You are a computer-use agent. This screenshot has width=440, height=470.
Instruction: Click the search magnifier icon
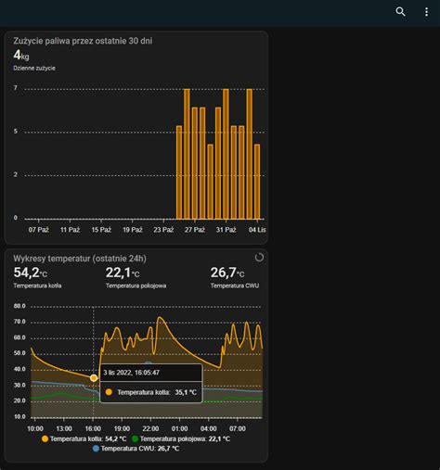(x=400, y=12)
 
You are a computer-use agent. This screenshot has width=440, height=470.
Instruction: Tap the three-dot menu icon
(x=426, y=12)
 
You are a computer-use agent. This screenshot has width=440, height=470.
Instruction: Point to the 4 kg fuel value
(x=20, y=57)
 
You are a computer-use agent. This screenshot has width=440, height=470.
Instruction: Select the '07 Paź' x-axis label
(x=39, y=229)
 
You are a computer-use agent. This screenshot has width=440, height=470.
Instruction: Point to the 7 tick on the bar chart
(x=16, y=88)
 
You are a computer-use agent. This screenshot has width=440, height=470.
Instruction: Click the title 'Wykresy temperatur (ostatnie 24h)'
(x=80, y=259)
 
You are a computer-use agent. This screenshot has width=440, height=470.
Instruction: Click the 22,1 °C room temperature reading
(x=123, y=273)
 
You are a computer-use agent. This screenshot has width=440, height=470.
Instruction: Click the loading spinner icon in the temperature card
(x=258, y=258)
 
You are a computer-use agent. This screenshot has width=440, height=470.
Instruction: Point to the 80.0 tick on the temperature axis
(x=19, y=305)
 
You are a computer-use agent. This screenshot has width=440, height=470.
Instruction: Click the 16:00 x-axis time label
(x=93, y=428)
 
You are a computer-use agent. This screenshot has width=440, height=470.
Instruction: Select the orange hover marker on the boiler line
(x=94, y=377)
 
